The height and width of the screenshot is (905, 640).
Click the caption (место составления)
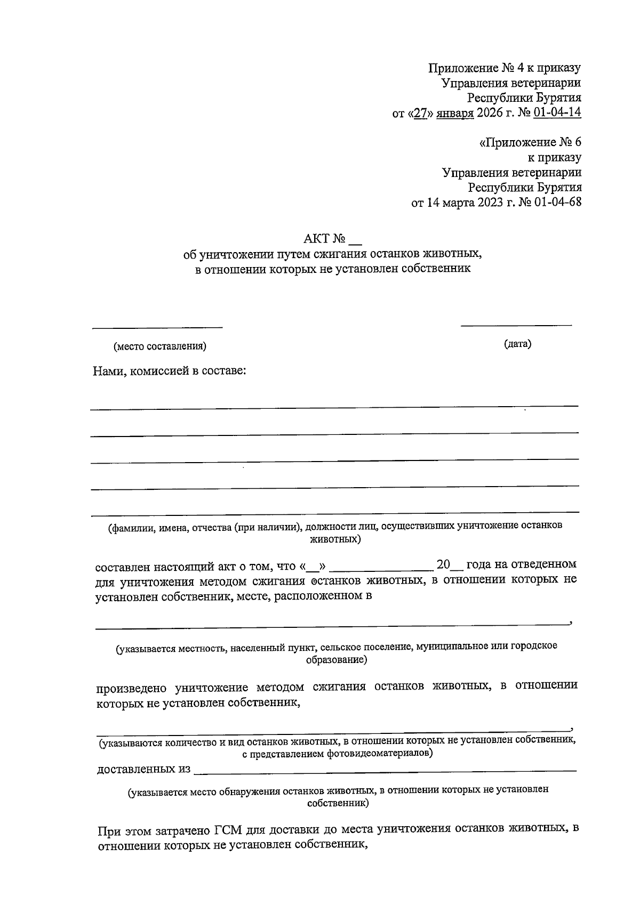(159, 346)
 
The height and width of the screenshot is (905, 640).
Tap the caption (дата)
(517, 344)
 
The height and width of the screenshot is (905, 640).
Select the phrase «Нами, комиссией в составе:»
(170, 371)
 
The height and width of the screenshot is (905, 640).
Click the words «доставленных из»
(143, 770)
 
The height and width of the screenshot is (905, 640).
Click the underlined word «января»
(455, 113)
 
